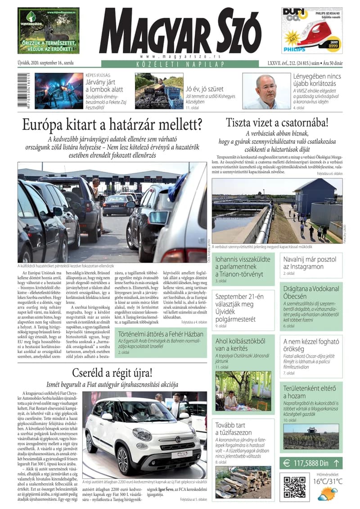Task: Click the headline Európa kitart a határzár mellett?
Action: coord(112,124)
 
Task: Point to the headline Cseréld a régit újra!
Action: coord(112,373)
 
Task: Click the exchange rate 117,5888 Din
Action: coord(310,462)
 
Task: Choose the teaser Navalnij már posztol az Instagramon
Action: coord(310,263)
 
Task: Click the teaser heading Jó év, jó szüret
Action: coord(205,89)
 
